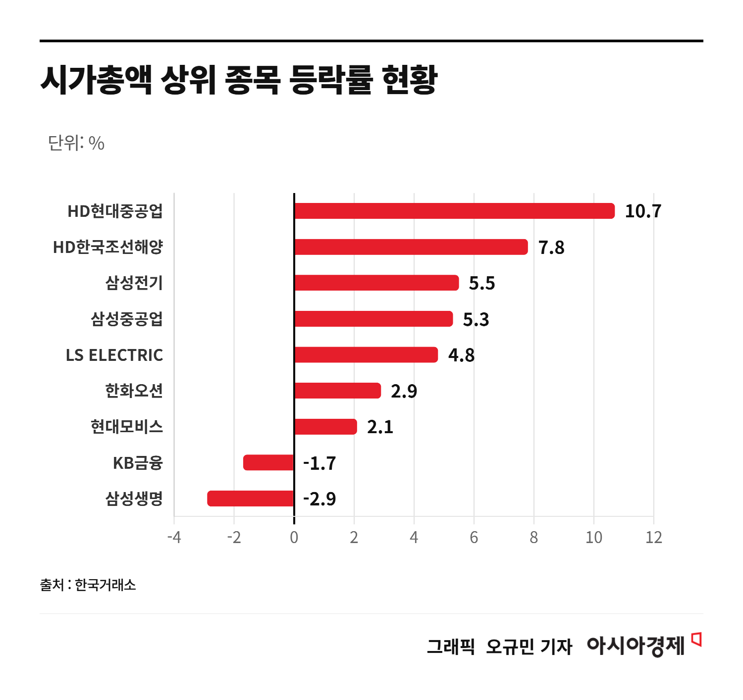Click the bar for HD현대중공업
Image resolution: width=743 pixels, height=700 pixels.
[454, 211]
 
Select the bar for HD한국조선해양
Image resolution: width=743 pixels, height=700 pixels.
[411, 247]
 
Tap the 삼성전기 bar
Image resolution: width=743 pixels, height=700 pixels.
[376, 283]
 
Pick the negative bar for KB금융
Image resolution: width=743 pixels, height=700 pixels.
[268, 462]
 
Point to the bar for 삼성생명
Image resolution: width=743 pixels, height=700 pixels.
[251, 499]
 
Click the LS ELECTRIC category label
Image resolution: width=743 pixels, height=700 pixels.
[114, 355]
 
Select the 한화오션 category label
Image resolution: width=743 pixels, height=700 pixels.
[134, 391]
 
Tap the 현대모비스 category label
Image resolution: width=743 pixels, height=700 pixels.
[127, 426]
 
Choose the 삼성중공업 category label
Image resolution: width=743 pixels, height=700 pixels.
[127, 319]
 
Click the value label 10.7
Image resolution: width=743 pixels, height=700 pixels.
[643, 211]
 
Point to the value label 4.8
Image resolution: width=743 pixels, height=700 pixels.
[461, 355]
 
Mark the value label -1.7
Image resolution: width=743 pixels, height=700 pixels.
[319, 463]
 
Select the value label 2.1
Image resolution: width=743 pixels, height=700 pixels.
[380, 427]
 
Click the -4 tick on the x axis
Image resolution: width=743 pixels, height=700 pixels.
[174, 537]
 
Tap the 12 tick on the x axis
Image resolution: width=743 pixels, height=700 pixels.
[653, 537]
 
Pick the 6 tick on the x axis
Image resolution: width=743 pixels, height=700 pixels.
[474, 537]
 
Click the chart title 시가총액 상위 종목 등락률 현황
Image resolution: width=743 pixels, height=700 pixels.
[239, 79]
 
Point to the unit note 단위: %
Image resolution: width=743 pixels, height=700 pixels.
[76, 143]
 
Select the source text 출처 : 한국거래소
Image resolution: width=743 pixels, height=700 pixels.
[88, 585]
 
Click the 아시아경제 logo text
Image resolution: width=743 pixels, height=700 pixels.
[636, 646]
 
